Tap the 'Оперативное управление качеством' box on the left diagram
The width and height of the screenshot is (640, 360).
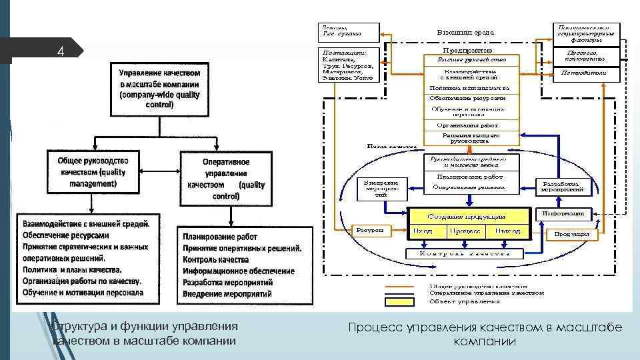[226, 179]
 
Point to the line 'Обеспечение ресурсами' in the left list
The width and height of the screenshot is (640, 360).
[66, 235]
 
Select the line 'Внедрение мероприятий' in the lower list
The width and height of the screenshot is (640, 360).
[227, 294]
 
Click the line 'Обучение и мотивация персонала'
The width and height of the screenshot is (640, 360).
[83, 293]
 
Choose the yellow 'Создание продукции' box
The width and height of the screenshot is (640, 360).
[467, 216]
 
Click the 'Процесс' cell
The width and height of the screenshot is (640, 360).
[465, 231]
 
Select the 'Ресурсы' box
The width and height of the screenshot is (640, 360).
[369, 231]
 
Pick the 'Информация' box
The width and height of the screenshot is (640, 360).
[563, 214]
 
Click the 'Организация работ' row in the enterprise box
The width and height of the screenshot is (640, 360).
[467, 125]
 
